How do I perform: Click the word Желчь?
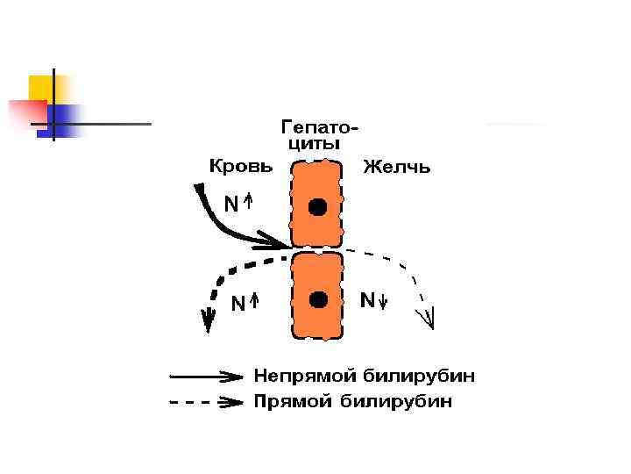pos(396,167)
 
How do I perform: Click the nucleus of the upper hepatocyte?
pos(317,207)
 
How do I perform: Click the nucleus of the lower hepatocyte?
pos(318,298)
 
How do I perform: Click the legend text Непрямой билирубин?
pos(365,377)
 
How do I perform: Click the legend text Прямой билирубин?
pos(353,402)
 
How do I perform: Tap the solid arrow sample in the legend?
pos(207,377)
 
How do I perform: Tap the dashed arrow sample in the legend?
pos(207,403)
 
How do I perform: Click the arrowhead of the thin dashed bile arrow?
pos(429,318)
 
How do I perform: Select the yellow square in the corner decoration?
pos(40,87)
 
